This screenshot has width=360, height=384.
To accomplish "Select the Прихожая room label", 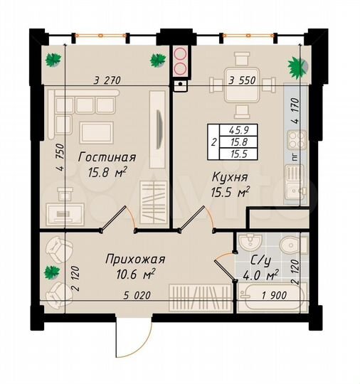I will pos(134,259).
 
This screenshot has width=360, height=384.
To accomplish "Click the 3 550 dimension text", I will pos(241,80).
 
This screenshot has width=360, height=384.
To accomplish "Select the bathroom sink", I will pos(250,242).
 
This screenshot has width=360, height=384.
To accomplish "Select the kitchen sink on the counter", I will pos(292,174).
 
